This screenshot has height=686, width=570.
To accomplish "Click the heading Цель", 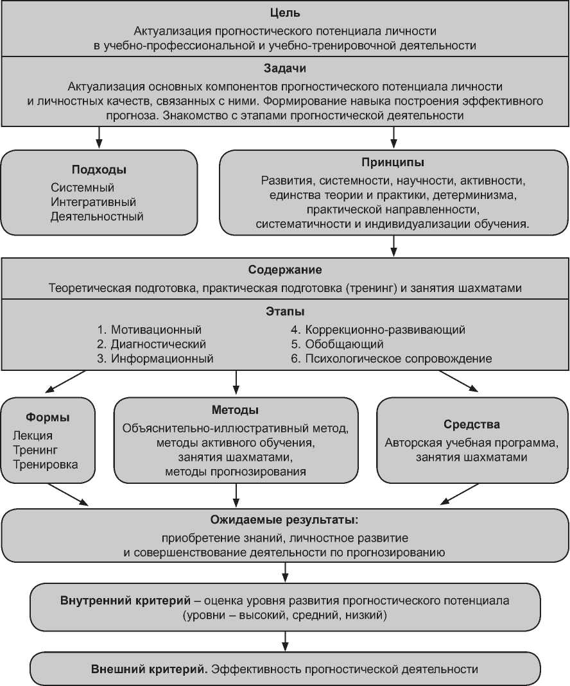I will (285, 13).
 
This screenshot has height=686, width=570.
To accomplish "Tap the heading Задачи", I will (285, 69).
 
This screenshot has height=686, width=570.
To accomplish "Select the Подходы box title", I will (98, 170).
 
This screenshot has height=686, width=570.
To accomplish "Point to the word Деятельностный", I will (97, 216).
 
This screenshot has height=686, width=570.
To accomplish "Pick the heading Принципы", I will (393, 162).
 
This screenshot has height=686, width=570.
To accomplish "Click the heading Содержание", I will (285, 270).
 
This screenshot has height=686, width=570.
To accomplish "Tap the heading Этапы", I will (285, 312).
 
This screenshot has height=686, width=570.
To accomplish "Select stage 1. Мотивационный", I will (149, 330).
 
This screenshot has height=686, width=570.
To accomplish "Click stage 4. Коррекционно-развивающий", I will (378, 330).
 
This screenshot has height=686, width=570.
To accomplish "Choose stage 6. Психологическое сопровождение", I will (392, 359).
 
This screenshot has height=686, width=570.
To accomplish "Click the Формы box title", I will (48, 418).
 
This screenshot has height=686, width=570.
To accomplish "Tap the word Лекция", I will (37, 436).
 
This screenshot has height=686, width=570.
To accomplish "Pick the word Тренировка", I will (46, 464).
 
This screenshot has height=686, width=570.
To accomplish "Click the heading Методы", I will (236, 410).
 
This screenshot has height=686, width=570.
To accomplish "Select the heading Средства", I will (472, 425).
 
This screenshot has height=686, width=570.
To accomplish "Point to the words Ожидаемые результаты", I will (284, 519).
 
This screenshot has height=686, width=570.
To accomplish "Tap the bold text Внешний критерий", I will (148, 669).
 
